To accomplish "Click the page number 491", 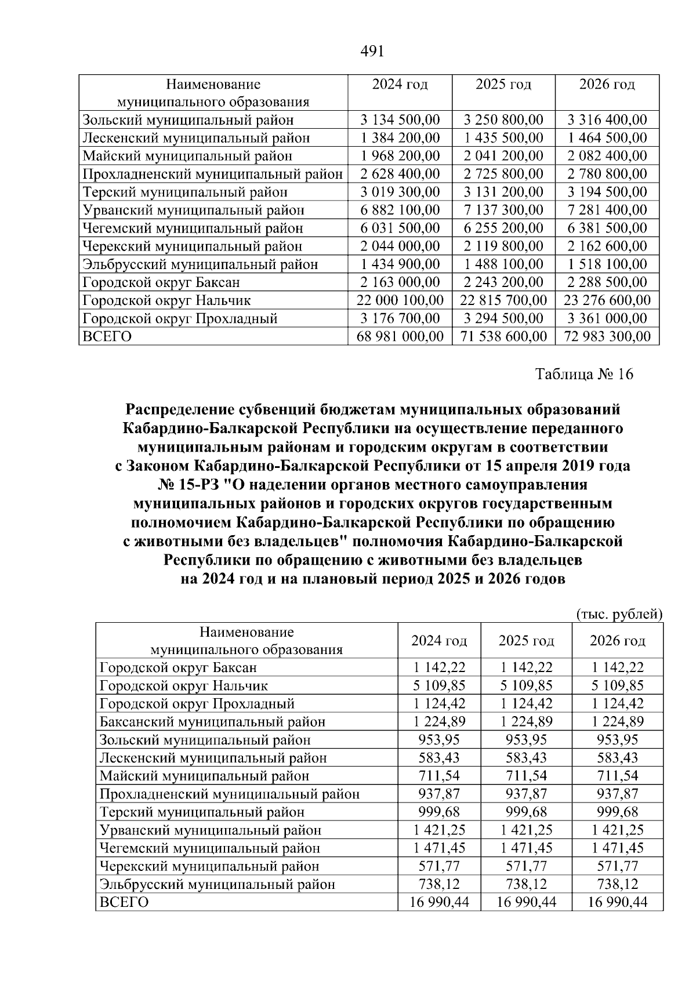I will pos(372,52).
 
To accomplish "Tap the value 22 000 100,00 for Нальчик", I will pos(400,300).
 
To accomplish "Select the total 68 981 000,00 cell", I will pos(400,336).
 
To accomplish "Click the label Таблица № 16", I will pos(584,374).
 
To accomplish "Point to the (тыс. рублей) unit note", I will pos(619,614).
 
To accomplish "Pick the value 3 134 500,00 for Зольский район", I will pos(400,120).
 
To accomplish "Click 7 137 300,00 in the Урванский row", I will pos(503,210).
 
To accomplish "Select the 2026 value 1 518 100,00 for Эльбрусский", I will pos(607,264).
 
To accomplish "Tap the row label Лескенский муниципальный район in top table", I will pos(196,138).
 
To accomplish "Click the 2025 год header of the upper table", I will pos(503,85).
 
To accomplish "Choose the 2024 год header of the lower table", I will pos(439,641).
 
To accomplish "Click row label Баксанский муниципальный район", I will pos(212,722).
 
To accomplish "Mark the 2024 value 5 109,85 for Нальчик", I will pos(439,686).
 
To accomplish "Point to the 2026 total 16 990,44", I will pos(617,902).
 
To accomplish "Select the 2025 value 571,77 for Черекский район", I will pos(526,866).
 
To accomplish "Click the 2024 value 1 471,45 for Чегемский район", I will pos(439,848).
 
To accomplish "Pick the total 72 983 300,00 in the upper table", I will pos(607,336).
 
